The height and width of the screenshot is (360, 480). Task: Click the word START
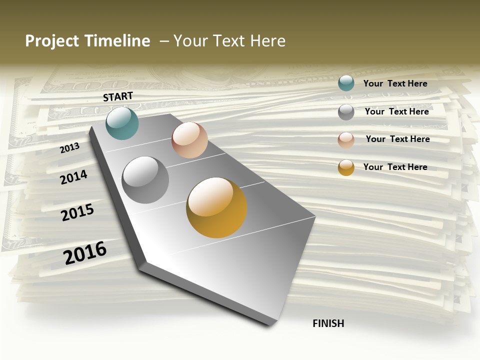pyautogui.click(x=118, y=96)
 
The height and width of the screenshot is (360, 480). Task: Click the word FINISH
pyautogui.click(x=328, y=323)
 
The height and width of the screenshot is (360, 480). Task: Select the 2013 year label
pyautogui.click(x=69, y=147)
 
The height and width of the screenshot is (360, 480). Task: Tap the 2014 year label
pyautogui.click(x=73, y=177)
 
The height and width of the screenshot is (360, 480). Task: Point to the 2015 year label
pyautogui.click(x=77, y=212)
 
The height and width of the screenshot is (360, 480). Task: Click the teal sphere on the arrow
pyautogui.click(x=122, y=123)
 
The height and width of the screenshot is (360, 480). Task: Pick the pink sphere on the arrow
pyautogui.click(x=189, y=140)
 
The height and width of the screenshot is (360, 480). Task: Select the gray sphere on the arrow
pyautogui.click(x=145, y=179)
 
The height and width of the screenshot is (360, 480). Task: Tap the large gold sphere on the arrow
pyautogui.click(x=216, y=207)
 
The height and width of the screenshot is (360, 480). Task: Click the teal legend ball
pyautogui.click(x=346, y=83)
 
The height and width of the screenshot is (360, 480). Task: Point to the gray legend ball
pyautogui.click(x=346, y=112)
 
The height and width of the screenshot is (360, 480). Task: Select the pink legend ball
pyautogui.click(x=346, y=140)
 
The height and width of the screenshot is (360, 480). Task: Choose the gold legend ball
pyautogui.click(x=346, y=167)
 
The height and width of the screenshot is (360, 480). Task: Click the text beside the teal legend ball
pyautogui.click(x=395, y=83)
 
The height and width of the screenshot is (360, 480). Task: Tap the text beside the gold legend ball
pyautogui.click(x=395, y=167)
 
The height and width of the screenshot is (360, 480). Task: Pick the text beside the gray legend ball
pyautogui.click(x=396, y=111)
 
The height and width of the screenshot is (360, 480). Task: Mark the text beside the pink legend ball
pyautogui.click(x=397, y=139)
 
